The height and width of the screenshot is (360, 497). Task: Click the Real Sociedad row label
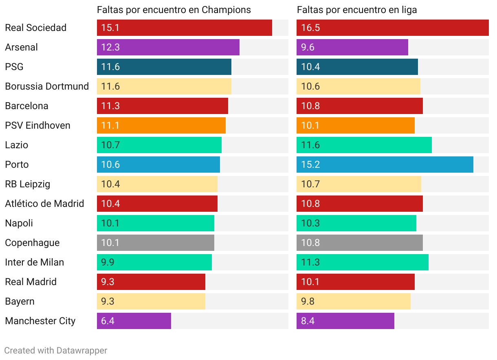[x=35, y=28]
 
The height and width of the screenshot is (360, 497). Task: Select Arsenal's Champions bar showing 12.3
[x=168, y=47]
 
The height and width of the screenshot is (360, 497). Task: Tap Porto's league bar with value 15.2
[x=385, y=165]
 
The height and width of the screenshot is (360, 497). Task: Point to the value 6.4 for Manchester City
[x=108, y=321]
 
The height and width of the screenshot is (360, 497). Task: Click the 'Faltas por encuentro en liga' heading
[x=357, y=10]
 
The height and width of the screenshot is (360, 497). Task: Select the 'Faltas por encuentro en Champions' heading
[x=174, y=10]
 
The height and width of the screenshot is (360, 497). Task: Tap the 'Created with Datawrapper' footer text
[x=56, y=350]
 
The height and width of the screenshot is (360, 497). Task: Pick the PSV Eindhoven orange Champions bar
[x=161, y=125]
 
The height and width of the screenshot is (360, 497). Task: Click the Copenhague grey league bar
[x=359, y=243]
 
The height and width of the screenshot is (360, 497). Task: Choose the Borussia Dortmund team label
[x=47, y=86]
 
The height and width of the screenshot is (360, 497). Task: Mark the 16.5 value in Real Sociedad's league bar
[x=310, y=28]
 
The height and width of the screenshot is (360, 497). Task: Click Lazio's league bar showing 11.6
[x=364, y=145]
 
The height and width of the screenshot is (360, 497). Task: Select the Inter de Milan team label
[x=35, y=262]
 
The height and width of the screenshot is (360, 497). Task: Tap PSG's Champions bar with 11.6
[x=164, y=67]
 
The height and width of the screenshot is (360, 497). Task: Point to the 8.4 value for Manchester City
[x=308, y=321]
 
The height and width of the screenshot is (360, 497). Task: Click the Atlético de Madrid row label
[x=44, y=204]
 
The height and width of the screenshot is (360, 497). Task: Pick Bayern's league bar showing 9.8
[x=353, y=301]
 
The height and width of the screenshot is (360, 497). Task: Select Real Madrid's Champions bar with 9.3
[x=151, y=282]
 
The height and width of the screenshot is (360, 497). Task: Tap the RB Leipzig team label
[x=28, y=184]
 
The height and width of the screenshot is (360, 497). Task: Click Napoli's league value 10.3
[x=310, y=223]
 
